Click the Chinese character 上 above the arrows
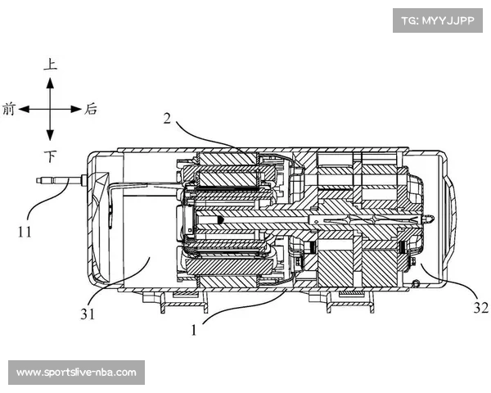pyautogui.click(x=51, y=64)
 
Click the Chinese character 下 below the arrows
pyautogui.click(x=51, y=155)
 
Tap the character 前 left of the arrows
pyautogui.click(x=9, y=109)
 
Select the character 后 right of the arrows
pyautogui.click(x=91, y=109)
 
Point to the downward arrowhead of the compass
pyautogui.click(x=51, y=138)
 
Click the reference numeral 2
pyautogui.click(x=166, y=119)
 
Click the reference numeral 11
pyautogui.click(x=25, y=232)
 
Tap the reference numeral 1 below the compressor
pyautogui.click(x=194, y=330)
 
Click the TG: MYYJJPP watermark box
pyautogui.click(x=438, y=20)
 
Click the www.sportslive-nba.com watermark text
pyautogui.click(x=77, y=373)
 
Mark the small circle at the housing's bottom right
pyautogui.click(x=417, y=283)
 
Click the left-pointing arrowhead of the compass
pyautogui.click(x=23, y=109)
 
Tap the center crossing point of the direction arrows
pyautogui.click(x=51, y=109)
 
